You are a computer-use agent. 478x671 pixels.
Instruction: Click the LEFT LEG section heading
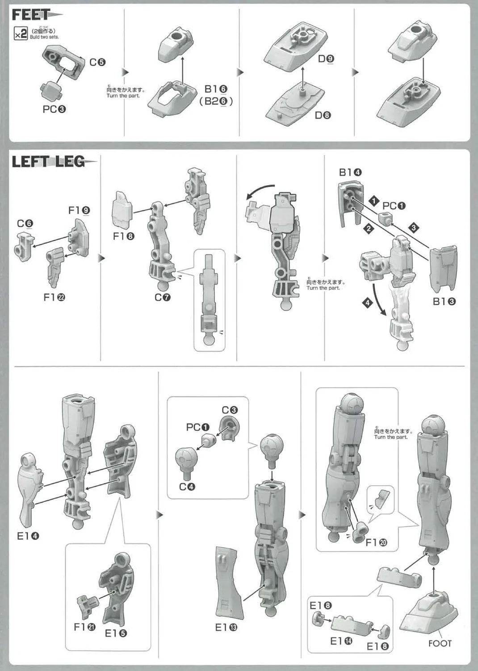(x=48, y=161)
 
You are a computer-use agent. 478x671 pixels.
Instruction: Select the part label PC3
(x=54, y=109)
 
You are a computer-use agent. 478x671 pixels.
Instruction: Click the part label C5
(x=97, y=62)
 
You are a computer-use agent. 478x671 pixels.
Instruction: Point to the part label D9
(x=326, y=59)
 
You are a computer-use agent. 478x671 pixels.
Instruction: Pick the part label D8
(x=323, y=115)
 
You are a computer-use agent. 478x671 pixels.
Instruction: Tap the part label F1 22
(x=55, y=297)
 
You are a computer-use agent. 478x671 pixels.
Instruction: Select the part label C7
(x=163, y=297)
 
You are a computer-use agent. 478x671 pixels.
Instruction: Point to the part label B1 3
(x=444, y=302)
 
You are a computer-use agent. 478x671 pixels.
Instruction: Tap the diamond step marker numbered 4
(x=367, y=303)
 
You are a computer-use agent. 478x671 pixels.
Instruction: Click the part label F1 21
(x=84, y=627)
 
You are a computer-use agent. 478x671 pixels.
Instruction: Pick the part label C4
(x=187, y=487)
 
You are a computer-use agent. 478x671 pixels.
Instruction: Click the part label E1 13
(x=226, y=628)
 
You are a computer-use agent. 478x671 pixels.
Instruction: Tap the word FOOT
(x=440, y=643)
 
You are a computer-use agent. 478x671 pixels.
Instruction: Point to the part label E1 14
(x=341, y=641)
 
